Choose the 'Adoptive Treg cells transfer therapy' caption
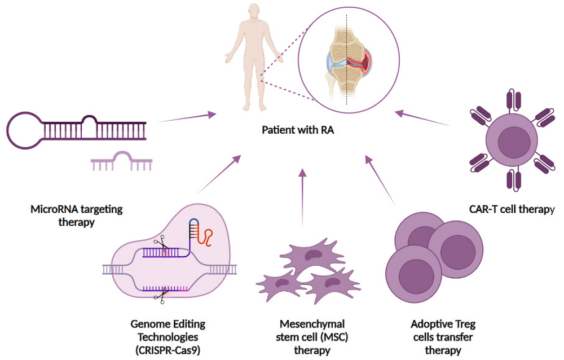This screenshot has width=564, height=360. (443, 337)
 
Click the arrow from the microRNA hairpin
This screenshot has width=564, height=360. (188, 117)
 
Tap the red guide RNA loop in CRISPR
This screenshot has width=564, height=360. (209, 236)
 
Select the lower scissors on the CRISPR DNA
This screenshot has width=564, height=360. (164, 294)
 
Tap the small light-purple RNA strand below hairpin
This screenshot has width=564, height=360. (121, 162)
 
